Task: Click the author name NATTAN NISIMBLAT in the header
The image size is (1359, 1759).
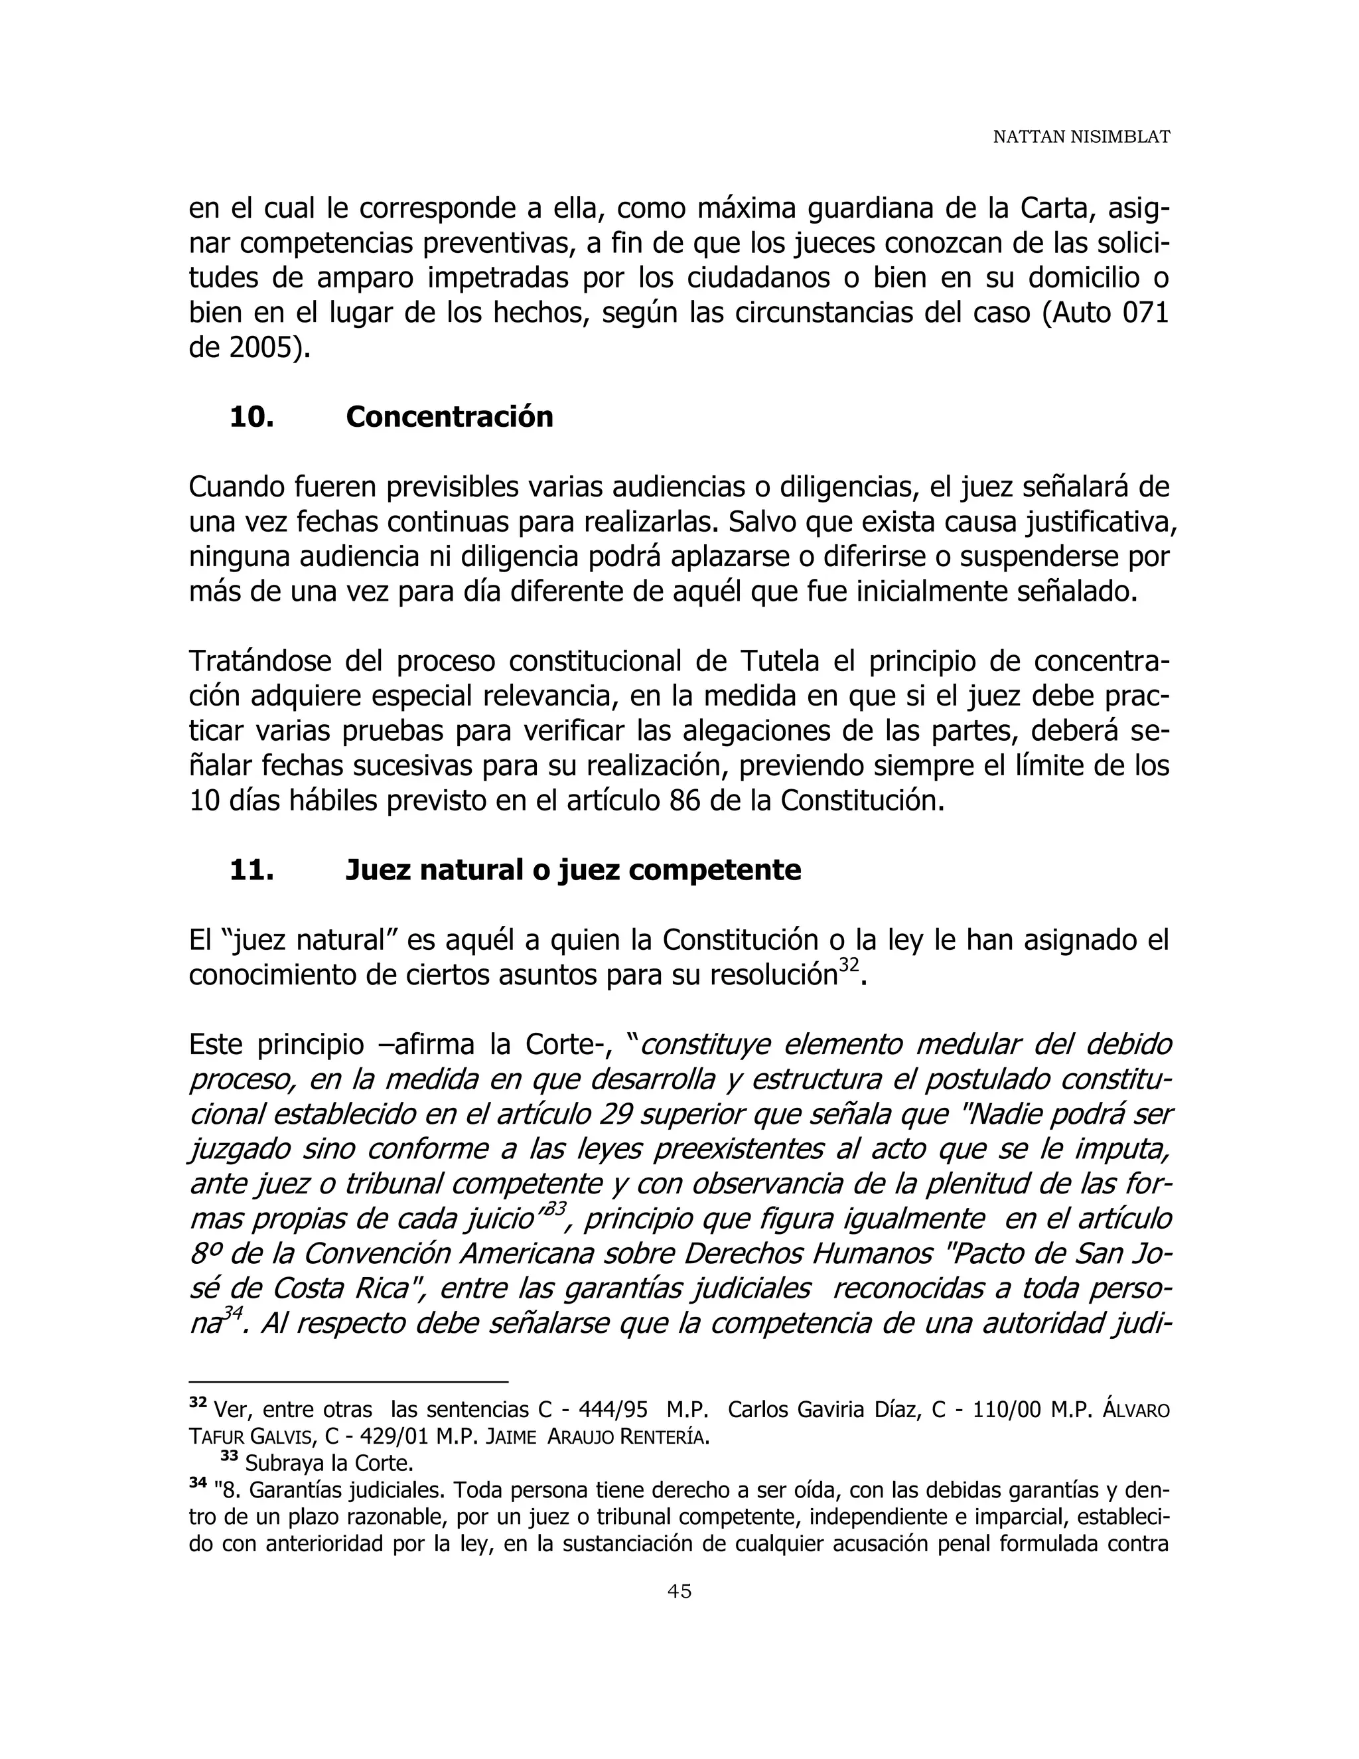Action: point(1080,137)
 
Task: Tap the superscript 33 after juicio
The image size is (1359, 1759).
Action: point(555,1209)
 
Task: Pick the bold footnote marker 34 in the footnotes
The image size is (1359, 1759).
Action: point(197,1483)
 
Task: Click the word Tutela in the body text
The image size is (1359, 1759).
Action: point(775,661)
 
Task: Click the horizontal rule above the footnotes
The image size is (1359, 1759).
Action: point(348,1382)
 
